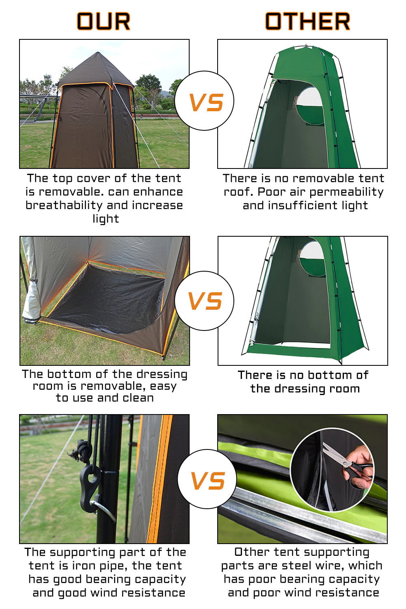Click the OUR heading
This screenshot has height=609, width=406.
click(104, 21)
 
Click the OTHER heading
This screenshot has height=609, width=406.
click(308, 21)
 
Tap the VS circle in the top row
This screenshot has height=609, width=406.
click(204, 101)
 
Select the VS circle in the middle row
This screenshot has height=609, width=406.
click(204, 301)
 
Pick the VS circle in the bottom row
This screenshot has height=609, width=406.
click(207, 479)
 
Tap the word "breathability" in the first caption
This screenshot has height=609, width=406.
click(64, 205)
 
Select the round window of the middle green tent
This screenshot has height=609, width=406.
click(313, 258)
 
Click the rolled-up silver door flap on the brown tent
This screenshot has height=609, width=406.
click(30, 294)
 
